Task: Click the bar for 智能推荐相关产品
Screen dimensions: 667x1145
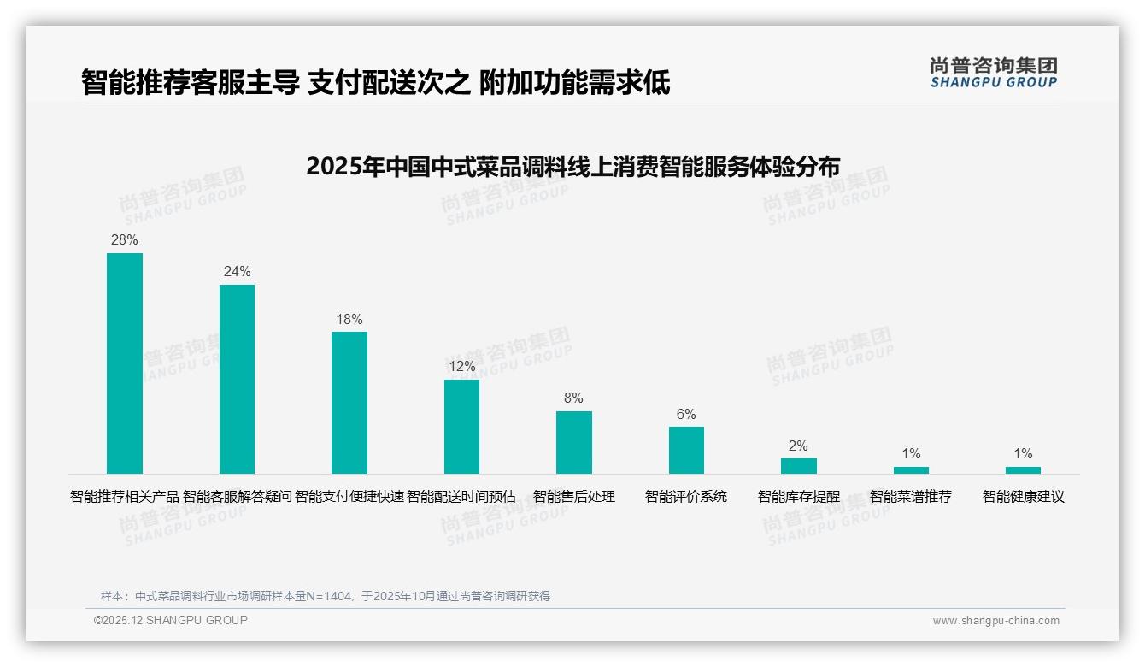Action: [125, 363]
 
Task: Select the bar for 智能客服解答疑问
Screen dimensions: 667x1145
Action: [237, 379]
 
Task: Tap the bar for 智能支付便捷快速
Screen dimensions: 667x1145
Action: [349, 403]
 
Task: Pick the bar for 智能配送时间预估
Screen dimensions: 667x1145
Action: [461, 427]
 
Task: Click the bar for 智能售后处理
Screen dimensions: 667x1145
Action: [573, 442]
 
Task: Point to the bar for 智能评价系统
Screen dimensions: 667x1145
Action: [686, 450]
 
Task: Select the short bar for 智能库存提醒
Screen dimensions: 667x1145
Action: [798, 466]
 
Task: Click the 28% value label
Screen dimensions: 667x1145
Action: [125, 239]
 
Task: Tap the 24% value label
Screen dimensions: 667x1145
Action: [237, 271]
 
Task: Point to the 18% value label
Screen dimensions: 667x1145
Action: [349, 319]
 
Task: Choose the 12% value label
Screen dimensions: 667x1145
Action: [461, 366]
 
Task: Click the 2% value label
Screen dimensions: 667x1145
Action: [798, 446]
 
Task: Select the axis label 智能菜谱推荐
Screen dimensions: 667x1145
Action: [910, 496]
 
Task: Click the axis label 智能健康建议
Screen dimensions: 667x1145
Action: [1023, 496]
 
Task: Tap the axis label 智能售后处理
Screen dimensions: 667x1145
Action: [573, 496]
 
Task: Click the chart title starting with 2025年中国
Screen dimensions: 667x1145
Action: [572, 166]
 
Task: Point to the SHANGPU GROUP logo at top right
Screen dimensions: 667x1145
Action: [993, 72]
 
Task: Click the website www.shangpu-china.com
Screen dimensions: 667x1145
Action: [995, 621]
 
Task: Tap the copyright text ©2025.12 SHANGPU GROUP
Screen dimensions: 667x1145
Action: [171, 620]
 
